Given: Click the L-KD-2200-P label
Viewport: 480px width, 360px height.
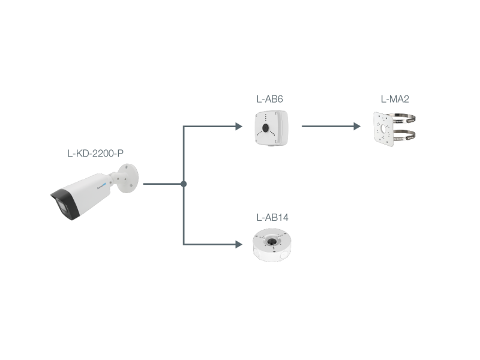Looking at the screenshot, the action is click(x=95, y=153).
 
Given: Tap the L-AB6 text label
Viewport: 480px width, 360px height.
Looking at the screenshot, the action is click(x=269, y=99).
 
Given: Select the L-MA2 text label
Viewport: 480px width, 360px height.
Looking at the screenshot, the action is click(x=395, y=99).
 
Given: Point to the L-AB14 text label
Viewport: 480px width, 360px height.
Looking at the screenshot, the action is click(x=272, y=217).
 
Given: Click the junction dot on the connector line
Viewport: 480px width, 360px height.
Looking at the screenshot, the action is click(x=184, y=184).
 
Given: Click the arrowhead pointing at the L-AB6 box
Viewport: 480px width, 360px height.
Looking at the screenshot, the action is click(x=239, y=126).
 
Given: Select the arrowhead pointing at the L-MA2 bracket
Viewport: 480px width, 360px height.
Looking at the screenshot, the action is click(x=357, y=126).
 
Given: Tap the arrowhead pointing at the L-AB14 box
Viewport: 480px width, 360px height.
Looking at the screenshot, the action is click(x=239, y=244).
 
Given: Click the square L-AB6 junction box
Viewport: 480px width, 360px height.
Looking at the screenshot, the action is click(x=272, y=128).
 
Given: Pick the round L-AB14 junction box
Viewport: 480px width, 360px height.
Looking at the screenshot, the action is click(x=272, y=245).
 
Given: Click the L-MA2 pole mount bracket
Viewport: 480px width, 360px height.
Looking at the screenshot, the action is click(x=394, y=129).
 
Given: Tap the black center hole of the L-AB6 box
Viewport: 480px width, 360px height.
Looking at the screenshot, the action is click(x=265, y=128).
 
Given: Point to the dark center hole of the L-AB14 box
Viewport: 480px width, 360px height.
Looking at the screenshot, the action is click(x=271, y=242).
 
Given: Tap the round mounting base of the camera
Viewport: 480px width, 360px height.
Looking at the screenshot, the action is click(x=128, y=178).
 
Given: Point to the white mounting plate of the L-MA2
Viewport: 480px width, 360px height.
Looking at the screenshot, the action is click(x=383, y=129).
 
